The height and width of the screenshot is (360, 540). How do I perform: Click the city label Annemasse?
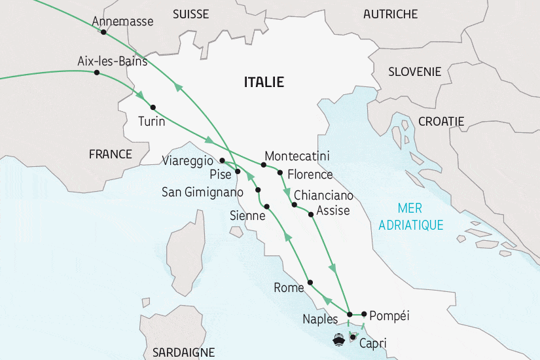coord(123,22)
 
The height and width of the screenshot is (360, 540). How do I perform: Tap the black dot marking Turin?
coord(153,107)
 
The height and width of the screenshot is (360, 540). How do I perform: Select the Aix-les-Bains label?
coord(112,63)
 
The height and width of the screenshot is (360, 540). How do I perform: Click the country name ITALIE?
coord(263,82)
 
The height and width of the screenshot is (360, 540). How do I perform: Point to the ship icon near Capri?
coord(339,340)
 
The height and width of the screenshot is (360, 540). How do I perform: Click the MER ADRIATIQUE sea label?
coord(420,217)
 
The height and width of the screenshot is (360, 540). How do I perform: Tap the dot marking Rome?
coord(310,282)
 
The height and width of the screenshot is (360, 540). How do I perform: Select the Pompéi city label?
coord(389,315)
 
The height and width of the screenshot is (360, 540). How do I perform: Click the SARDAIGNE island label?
coord(183,352)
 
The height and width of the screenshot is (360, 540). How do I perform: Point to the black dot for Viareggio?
coord(223,160)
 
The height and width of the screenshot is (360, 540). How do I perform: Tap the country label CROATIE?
coord(441,121)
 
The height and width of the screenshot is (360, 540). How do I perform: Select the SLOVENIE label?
coord(414,72)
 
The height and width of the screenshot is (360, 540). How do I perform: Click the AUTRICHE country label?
coord(390,14)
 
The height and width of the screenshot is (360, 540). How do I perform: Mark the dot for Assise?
coord(310,214)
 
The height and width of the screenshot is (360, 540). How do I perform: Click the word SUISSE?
coord(191,14)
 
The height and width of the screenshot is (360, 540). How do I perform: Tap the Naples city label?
coord(320,319)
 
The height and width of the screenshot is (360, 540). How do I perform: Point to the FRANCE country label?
coord(110,154)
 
